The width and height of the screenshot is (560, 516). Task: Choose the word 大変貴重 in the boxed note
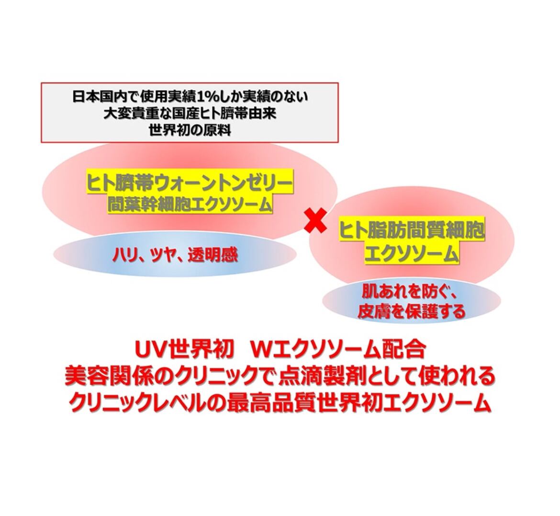[x=125, y=114]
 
